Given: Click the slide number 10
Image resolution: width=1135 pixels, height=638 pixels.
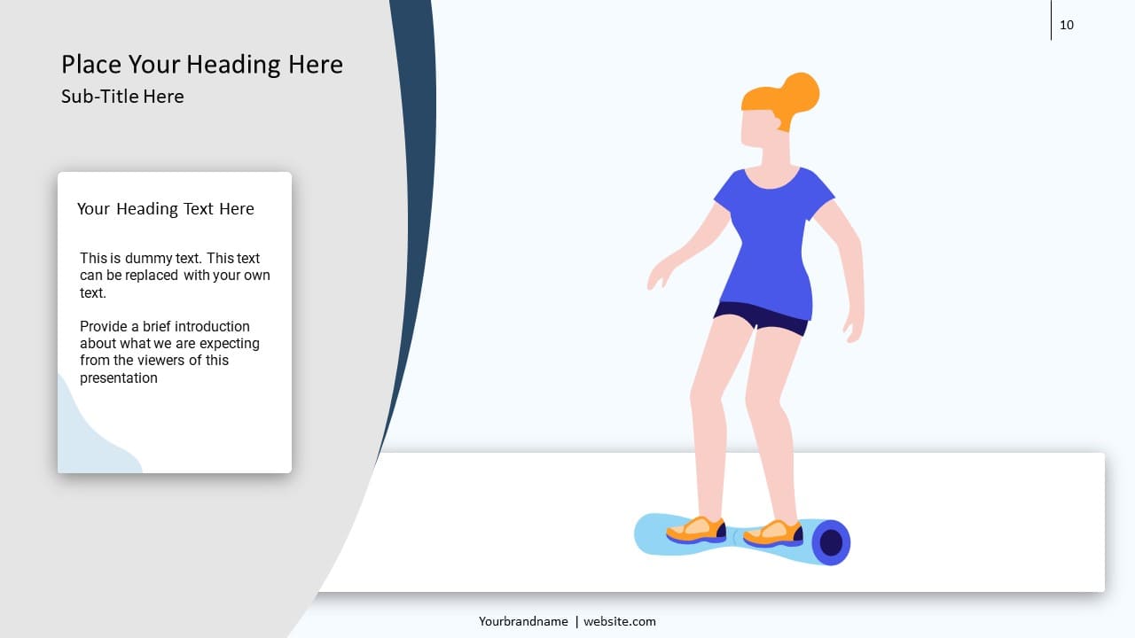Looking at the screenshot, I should click(1067, 25).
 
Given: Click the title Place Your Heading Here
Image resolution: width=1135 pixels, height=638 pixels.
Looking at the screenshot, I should click(202, 65).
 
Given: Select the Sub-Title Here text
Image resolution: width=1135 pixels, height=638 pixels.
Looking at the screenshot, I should click(122, 97).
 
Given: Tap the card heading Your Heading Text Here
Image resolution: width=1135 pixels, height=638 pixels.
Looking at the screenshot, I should click(166, 209).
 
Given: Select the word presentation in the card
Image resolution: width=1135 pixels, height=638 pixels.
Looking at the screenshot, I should click(119, 377).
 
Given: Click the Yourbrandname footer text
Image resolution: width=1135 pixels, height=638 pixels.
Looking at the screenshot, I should click(523, 621).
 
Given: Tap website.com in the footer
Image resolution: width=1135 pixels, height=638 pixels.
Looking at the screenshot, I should click(620, 621).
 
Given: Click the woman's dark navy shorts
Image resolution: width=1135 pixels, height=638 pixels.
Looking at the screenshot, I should click(761, 316).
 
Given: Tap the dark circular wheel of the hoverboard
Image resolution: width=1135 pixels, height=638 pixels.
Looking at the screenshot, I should click(831, 542).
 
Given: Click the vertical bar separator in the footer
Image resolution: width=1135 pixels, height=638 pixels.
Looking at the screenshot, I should click(576, 621).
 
